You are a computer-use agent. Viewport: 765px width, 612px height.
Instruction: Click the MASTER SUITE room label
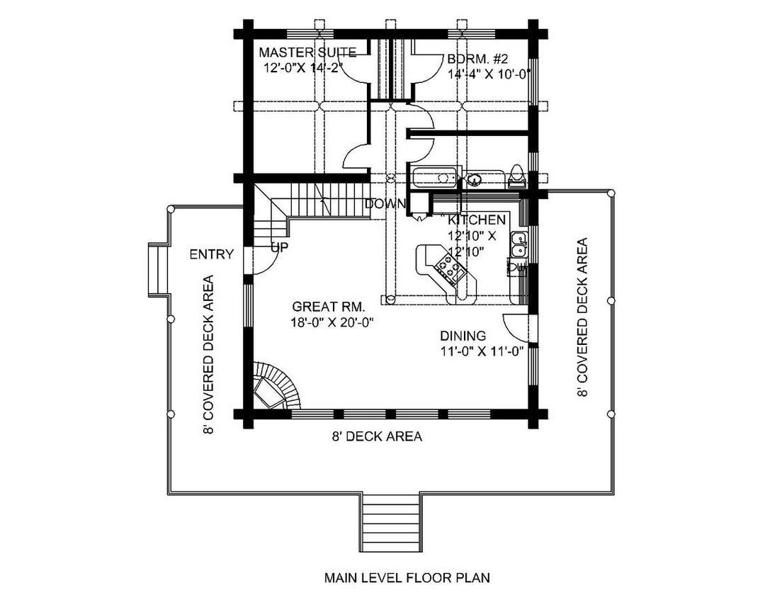(x=307, y=52)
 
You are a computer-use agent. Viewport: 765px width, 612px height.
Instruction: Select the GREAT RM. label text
(x=329, y=307)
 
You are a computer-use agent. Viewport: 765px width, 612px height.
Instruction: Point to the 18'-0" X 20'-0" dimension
(x=332, y=322)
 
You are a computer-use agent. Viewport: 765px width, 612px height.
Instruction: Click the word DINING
(x=463, y=336)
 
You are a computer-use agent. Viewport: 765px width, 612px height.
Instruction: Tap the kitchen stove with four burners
(x=450, y=267)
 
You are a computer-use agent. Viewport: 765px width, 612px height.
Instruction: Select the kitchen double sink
(x=518, y=244)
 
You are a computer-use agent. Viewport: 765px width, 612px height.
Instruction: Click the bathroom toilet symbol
(x=516, y=176)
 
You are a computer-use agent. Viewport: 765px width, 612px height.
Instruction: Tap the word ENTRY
(x=211, y=254)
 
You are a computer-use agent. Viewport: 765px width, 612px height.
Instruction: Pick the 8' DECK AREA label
(x=376, y=437)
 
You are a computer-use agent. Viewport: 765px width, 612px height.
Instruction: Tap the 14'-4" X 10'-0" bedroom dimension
(x=489, y=73)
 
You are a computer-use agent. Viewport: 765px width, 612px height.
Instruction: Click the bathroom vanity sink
(x=475, y=179)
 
